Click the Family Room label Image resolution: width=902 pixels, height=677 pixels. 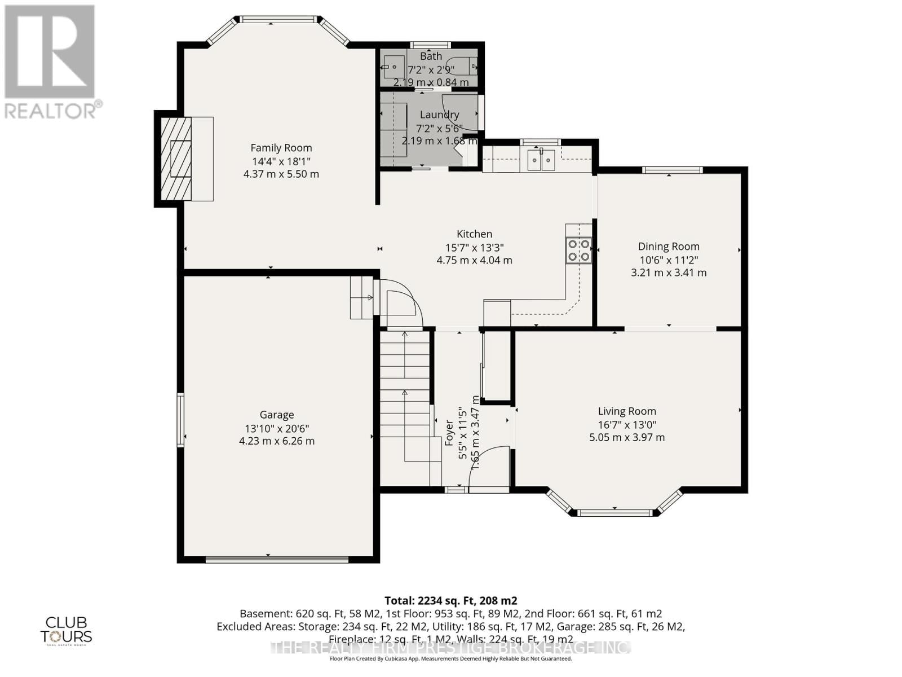click(281, 148)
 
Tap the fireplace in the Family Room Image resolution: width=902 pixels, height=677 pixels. click(176, 159)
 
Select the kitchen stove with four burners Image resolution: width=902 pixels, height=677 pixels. click(579, 250)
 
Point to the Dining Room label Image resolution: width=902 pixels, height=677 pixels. click(669, 247)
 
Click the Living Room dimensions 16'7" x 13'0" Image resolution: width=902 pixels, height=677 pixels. click(627, 425)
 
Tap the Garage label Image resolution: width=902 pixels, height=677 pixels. click(277, 415)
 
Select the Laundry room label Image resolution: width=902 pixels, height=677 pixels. click(439, 115)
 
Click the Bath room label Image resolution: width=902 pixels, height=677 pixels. click(431, 56)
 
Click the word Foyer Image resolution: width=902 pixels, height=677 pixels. click(449, 433)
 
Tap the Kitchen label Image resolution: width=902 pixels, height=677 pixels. click(474, 234)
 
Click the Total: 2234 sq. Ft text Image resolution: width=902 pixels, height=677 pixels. click(450, 601)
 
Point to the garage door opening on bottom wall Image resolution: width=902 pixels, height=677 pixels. click(276, 560)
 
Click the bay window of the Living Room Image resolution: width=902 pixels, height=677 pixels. click(614, 512)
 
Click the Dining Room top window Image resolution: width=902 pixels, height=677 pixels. click(672, 170)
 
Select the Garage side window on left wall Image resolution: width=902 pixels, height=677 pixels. click(180, 420)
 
